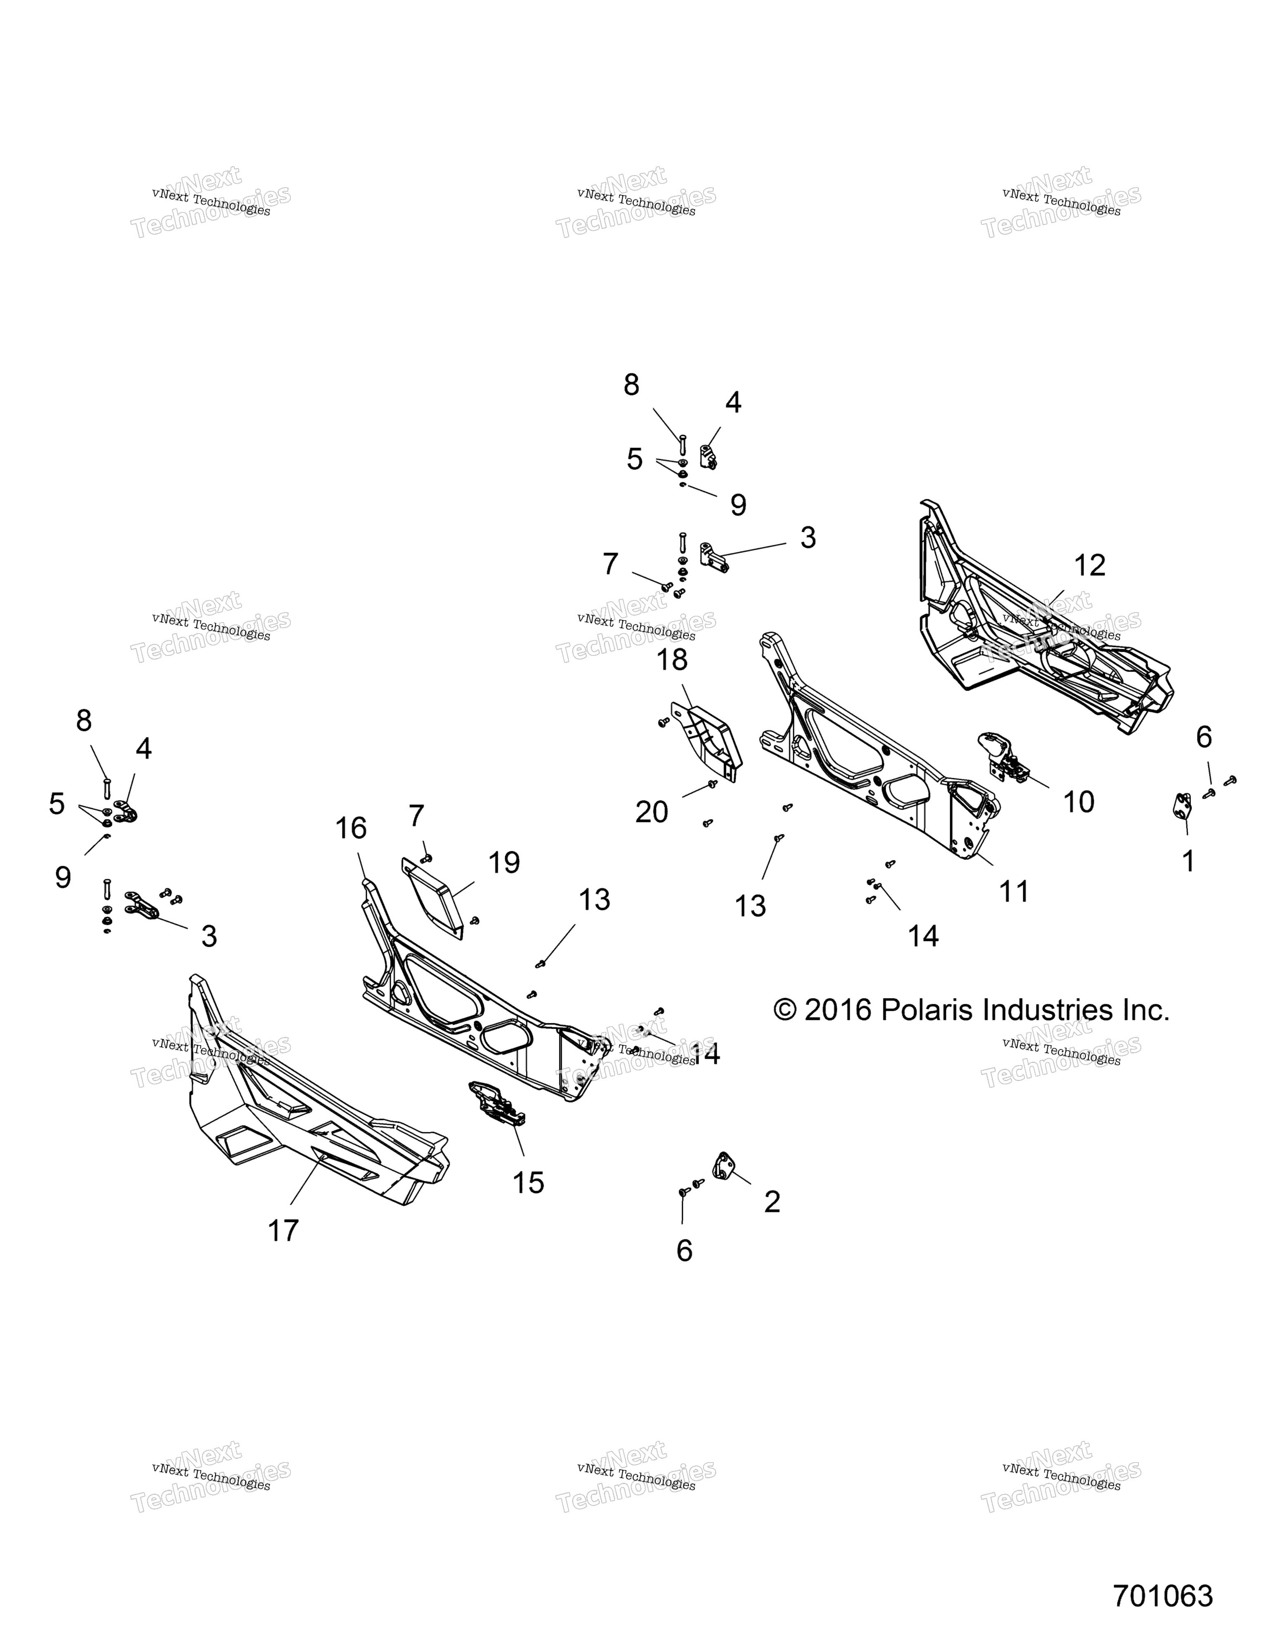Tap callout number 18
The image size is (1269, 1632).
(x=672, y=660)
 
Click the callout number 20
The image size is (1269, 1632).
(x=651, y=812)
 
